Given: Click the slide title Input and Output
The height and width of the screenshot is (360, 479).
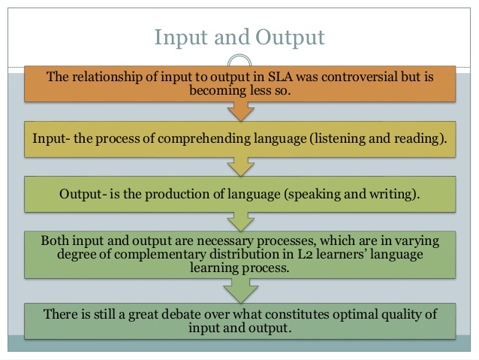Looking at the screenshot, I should (x=239, y=36).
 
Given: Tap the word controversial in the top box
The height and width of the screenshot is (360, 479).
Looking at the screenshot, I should (x=346, y=77).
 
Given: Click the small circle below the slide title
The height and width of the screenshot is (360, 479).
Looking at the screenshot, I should (x=239, y=62).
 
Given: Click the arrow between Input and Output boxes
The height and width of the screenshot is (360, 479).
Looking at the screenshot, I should (x=239, y=165).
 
